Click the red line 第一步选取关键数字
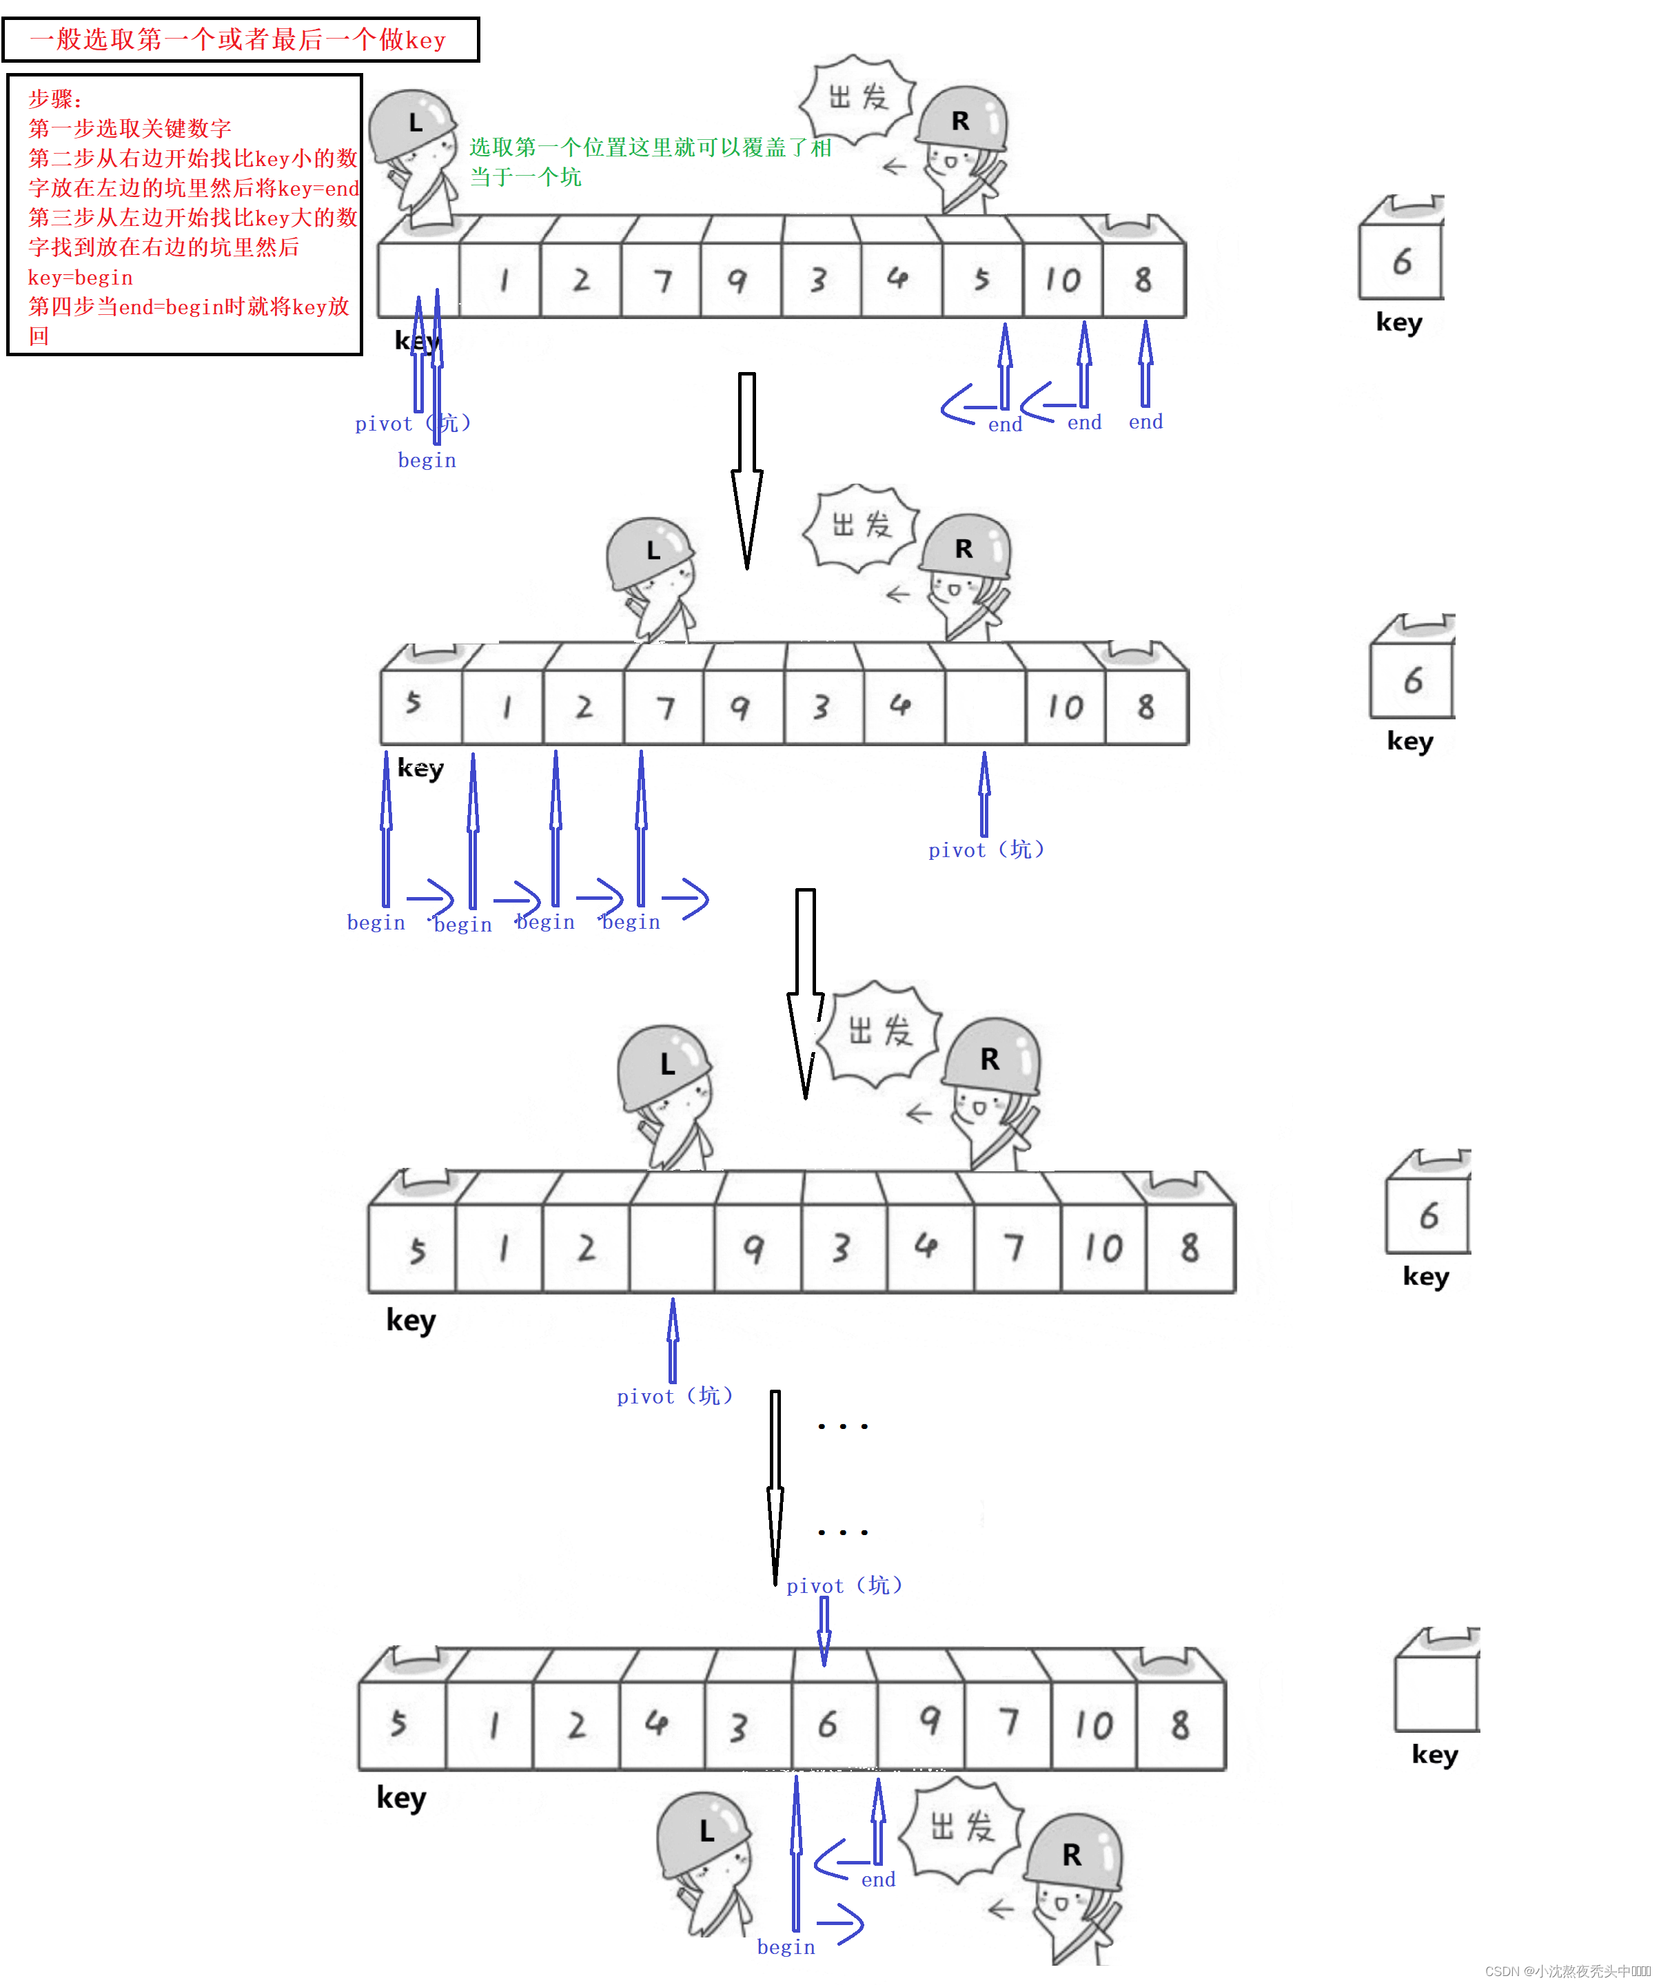pyautogui.click(x=130, y=129)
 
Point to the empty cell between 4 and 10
pyautogui.click(x=984, y=706)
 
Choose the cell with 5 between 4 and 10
pyautogui.click(x=982, y=279)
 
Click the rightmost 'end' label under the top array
pyautogui.click(x=1145, y=422)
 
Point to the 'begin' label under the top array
pyautogui.click(x=427, y=460)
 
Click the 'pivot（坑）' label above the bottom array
pyautogui.click(x=844, y=1585)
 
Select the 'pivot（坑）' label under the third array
pyautogui.click(x=674, y=1396)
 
